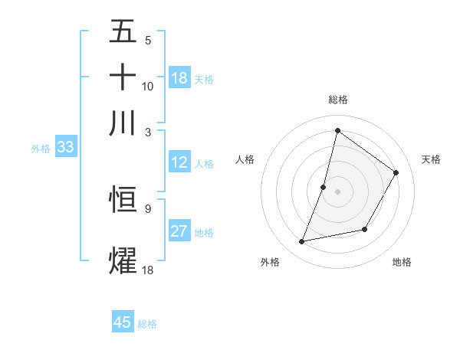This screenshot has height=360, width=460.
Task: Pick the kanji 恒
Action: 123,198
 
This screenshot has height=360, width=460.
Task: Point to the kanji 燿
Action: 123,259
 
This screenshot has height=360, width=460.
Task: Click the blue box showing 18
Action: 179,78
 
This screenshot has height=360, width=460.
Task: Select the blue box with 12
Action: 179,162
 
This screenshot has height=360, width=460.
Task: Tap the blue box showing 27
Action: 179,231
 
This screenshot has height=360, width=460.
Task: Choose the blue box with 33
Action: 64,147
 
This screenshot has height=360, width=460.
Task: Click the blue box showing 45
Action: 123,322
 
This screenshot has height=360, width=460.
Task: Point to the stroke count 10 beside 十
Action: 148,86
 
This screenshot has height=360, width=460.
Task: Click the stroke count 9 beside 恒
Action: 147,208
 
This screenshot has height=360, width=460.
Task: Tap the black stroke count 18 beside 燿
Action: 148,269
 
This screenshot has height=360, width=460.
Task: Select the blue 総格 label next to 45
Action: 147,324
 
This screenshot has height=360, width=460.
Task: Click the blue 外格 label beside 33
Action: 40,149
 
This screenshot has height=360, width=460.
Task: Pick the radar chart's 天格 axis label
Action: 431,159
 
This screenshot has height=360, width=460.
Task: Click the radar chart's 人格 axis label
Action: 245,159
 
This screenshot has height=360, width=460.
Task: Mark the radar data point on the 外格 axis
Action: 302,242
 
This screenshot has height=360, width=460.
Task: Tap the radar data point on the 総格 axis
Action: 337,130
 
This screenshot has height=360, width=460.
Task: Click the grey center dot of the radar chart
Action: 337,191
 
